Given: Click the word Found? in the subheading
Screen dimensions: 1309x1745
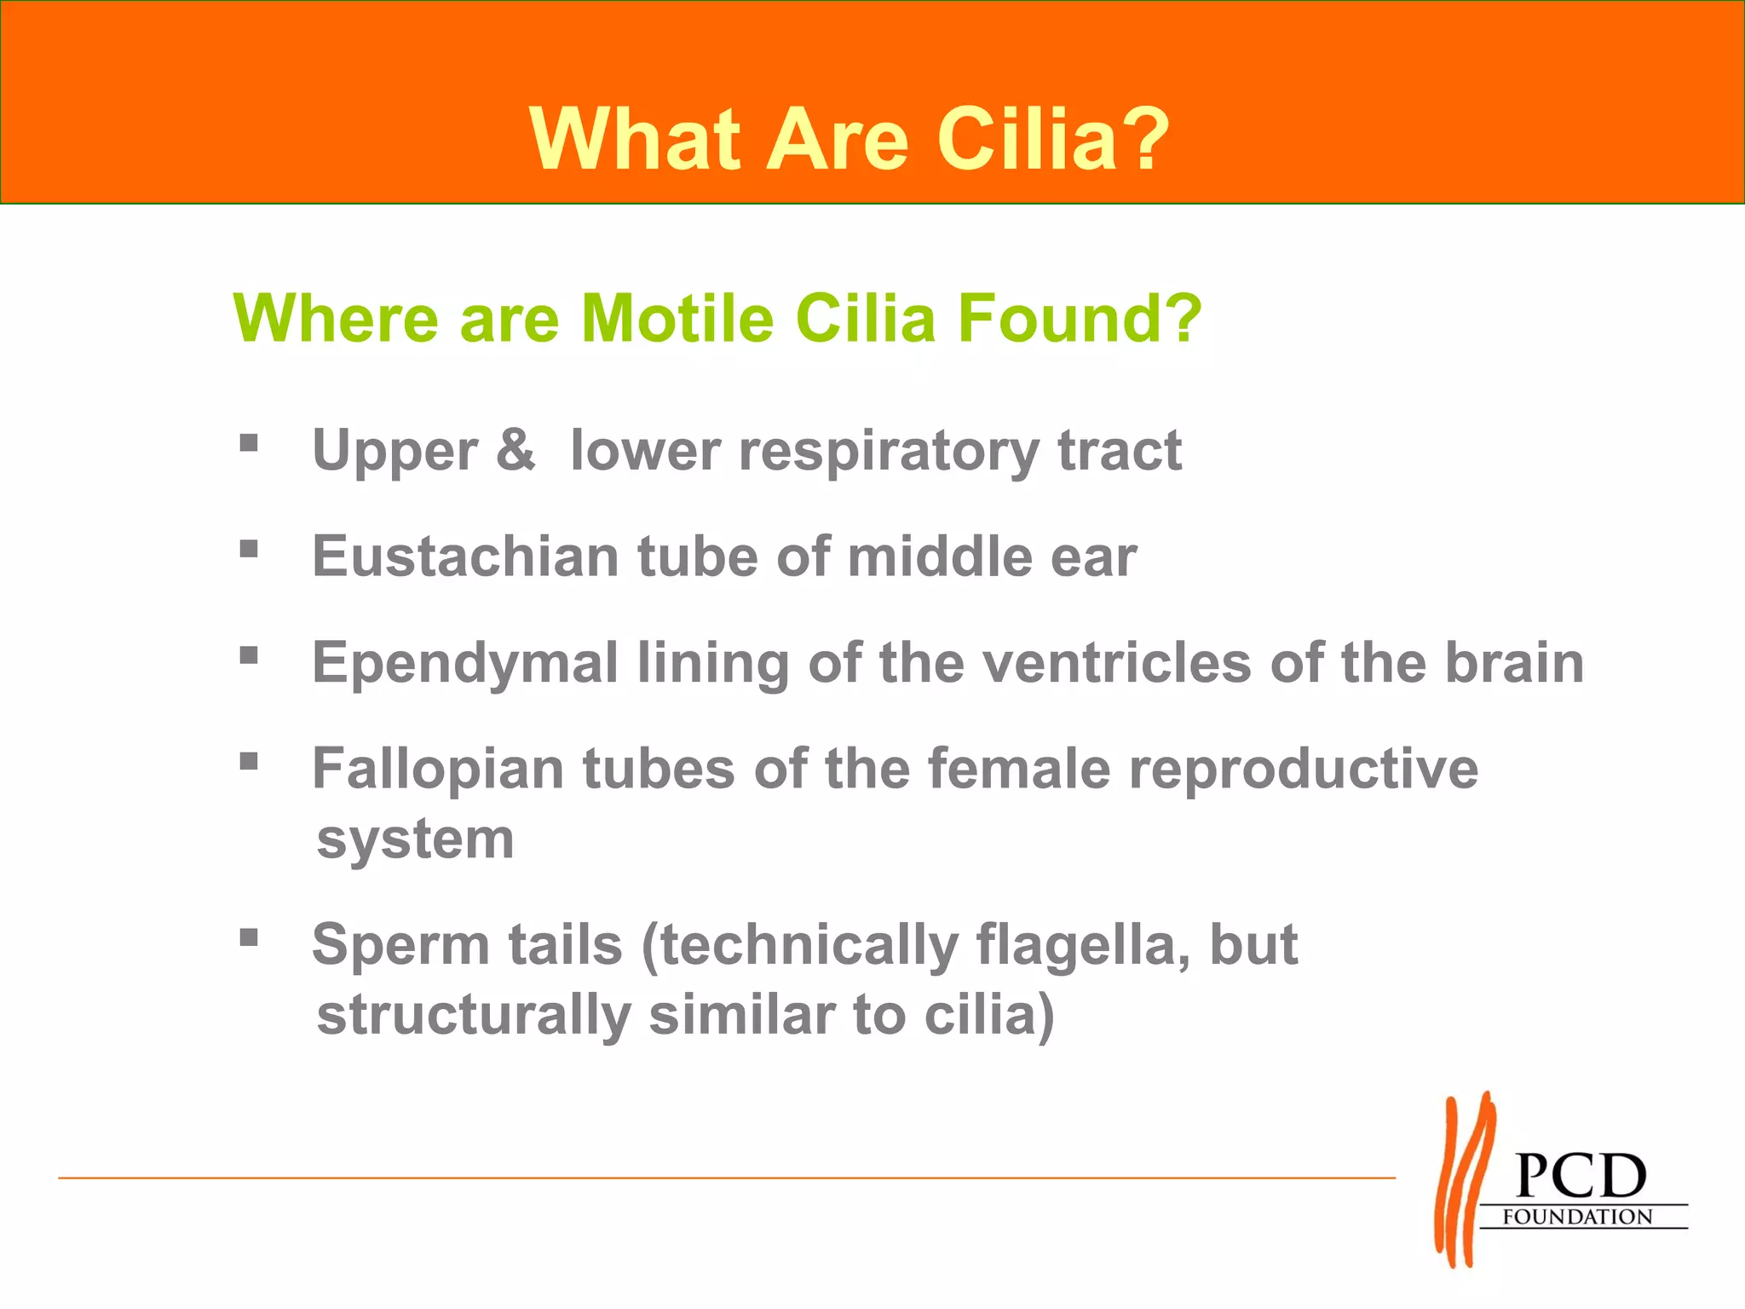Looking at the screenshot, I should click(x=1080, y=318).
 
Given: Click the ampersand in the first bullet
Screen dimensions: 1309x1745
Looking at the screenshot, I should click(x=515, y=449).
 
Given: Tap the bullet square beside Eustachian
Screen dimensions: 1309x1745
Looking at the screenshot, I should click(x=249, y=549).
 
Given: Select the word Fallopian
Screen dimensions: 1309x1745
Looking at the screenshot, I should click(x=438, y=770).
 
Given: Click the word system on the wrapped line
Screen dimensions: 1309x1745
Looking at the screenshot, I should click(x=416, y=840).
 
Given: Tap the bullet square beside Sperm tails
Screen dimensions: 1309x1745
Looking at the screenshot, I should click(x=249, y=937).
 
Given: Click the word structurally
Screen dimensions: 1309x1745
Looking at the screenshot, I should click(x=474, y=1016).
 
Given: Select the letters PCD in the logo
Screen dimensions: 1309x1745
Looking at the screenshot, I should click(x=1581, y=1176).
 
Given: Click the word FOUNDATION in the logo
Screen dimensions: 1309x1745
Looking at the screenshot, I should click(x=1577, y=1217).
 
